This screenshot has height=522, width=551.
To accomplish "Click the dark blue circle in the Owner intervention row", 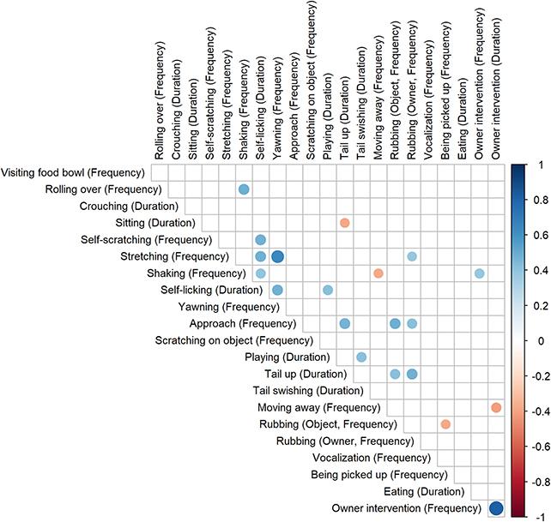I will [495, 508].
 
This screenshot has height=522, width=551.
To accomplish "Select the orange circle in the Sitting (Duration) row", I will [344, 223].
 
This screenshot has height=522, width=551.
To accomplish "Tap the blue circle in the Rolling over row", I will [244, 189].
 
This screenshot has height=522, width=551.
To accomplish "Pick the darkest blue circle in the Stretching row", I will [277, 256].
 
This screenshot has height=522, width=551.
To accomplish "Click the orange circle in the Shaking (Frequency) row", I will [378, 273].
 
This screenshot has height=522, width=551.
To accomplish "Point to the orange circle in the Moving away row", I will [495, 407].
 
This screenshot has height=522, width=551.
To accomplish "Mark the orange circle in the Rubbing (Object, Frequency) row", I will [445, 424].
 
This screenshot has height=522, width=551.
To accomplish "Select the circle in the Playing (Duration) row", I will [361, 357].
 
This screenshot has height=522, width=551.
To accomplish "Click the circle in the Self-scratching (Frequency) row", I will [261, 239].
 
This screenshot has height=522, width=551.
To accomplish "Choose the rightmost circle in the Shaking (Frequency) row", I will [479, 273].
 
